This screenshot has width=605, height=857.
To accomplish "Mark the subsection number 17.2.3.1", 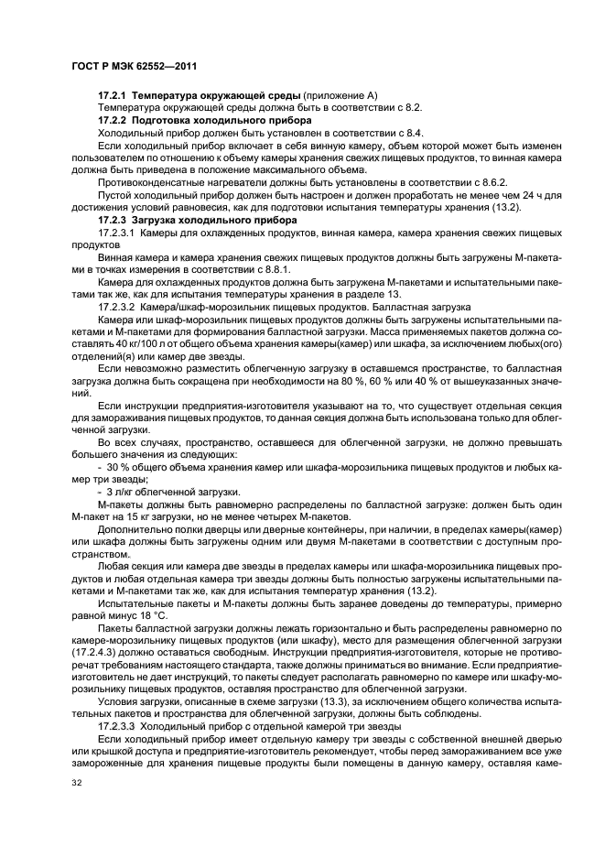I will (x=116, y=233).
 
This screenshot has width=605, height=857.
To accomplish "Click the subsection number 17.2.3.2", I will (x=116, y=307).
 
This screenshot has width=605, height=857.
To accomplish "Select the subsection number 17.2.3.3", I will (x=116, y=719).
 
